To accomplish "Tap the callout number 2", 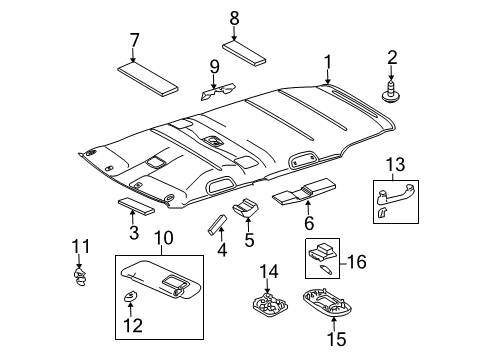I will [x=392, y=59].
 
